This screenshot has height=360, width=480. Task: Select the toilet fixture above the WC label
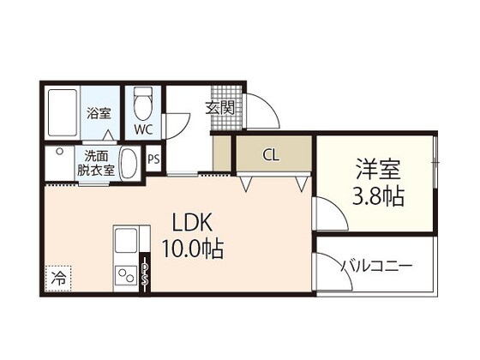[142, 106]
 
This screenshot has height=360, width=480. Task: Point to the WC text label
[142, 131]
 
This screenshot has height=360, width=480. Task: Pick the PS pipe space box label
[154, 159]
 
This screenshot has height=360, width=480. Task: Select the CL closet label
[270, 155]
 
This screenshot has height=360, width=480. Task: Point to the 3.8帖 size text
[380, 196]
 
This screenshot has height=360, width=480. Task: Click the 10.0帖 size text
[194, 249]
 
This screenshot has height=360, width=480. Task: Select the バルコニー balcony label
[377, 266]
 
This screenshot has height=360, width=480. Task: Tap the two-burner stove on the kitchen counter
[126, 276]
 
